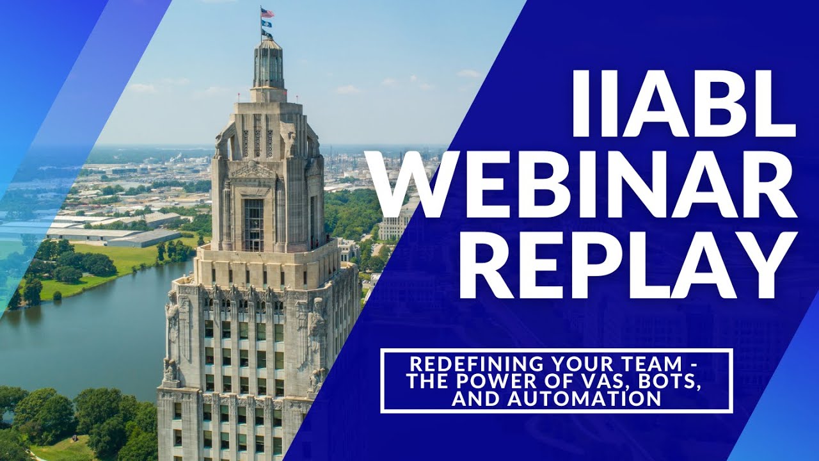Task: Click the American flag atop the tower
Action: tap(267, 13)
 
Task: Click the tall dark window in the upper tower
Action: tap(253, 224)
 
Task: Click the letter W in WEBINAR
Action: tap(417, 186)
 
